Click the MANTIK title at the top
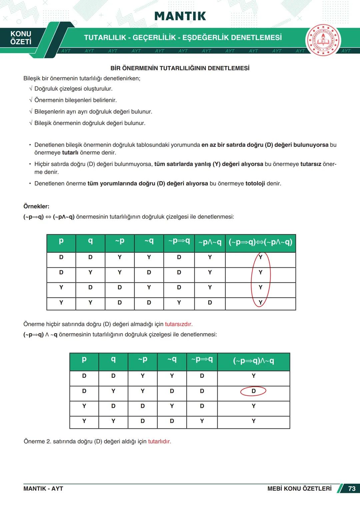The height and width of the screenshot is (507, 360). point(180,16)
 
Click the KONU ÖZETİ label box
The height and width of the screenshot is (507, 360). point(21,38)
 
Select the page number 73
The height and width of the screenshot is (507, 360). point(352,489)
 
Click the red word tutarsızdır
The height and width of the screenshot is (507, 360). point(179,324)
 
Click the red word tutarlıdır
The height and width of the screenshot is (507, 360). point(159,441)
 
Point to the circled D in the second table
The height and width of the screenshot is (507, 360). point(253,391)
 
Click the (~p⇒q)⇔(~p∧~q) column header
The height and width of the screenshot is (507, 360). point(260,242)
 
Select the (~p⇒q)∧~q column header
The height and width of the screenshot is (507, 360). point(253,361)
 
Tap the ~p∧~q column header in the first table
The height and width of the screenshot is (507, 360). point(210,242)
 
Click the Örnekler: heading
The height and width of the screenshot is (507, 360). point(36,206)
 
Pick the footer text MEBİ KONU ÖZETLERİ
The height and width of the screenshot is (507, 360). point(299,489)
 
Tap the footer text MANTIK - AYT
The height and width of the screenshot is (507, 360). point(43,489)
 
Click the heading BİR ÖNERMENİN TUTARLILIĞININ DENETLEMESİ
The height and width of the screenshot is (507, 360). point(180,68)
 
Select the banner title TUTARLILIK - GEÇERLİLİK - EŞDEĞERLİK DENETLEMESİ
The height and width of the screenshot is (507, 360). point(183,38)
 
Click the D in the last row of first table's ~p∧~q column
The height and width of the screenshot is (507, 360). point(210,302)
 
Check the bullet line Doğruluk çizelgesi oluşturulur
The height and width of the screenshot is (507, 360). point(73,89)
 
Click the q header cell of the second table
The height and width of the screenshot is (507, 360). point(113,359)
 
